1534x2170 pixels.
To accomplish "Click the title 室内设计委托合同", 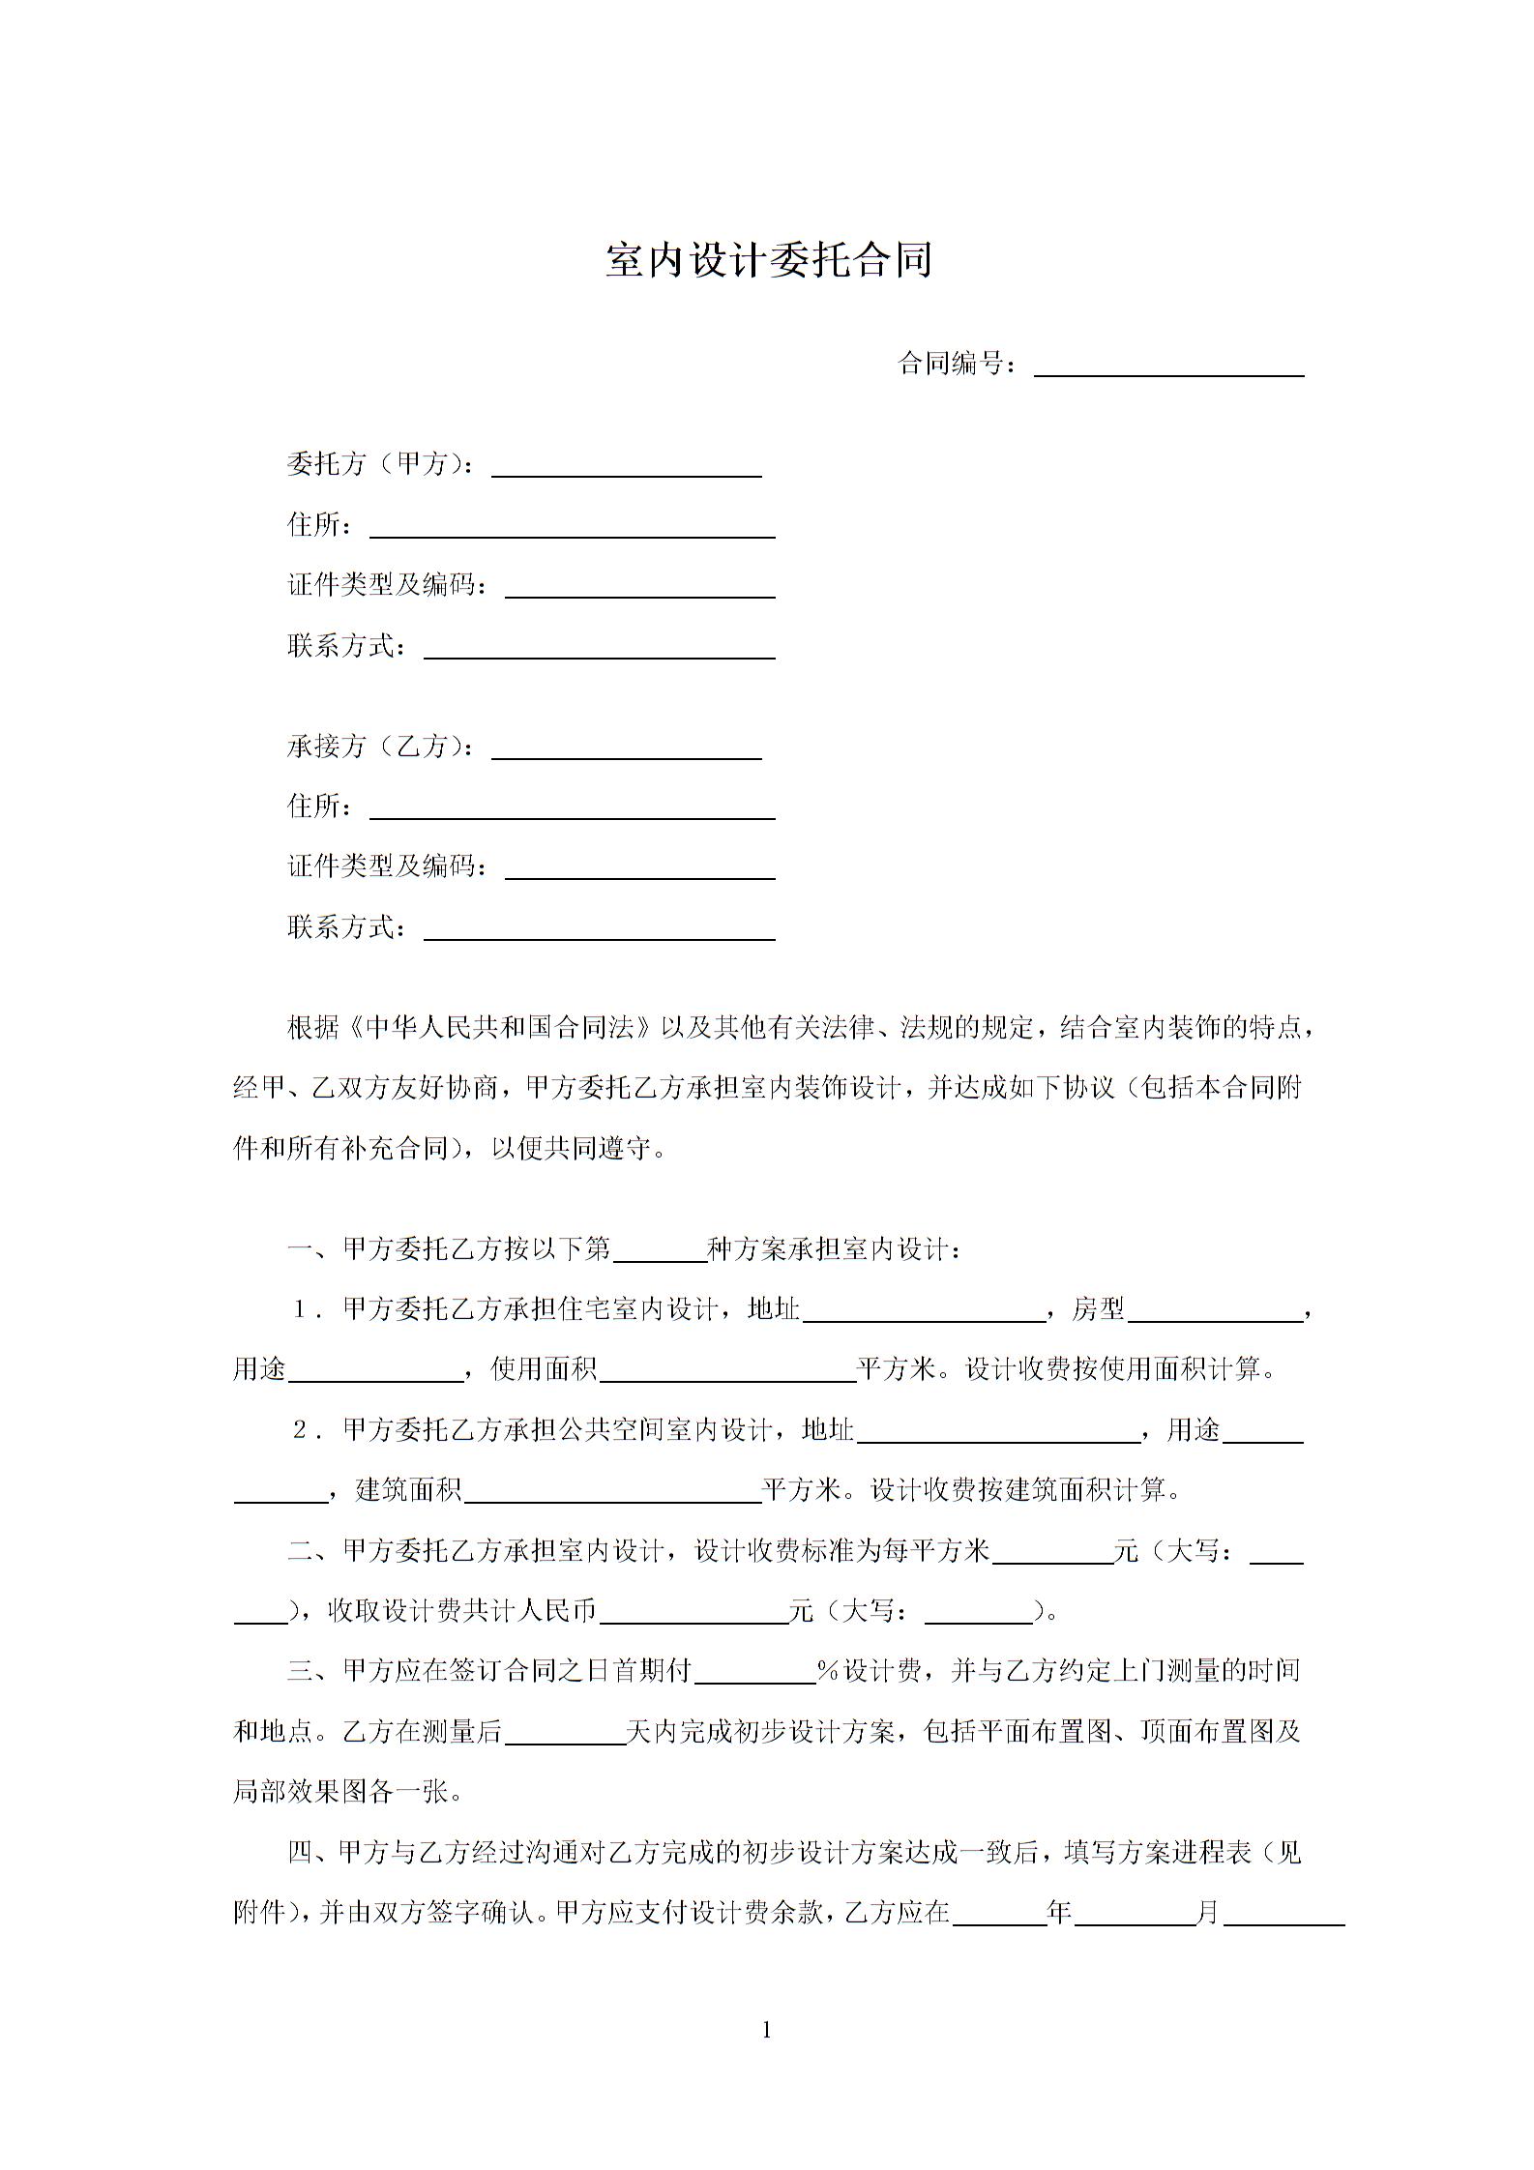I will (x=768, y=260).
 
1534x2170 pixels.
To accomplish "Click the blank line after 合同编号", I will (x=1168, y=367).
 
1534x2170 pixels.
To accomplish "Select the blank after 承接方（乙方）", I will (x=627, y=749).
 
